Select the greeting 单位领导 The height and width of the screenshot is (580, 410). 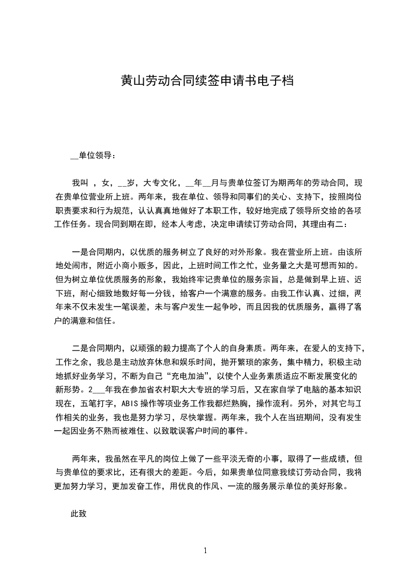pyautogui.click(x=95, y=156)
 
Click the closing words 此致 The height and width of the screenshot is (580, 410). pyautogui.click(x=79, y=514)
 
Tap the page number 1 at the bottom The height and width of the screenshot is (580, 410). pyautogui.click(x=206, y=551)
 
